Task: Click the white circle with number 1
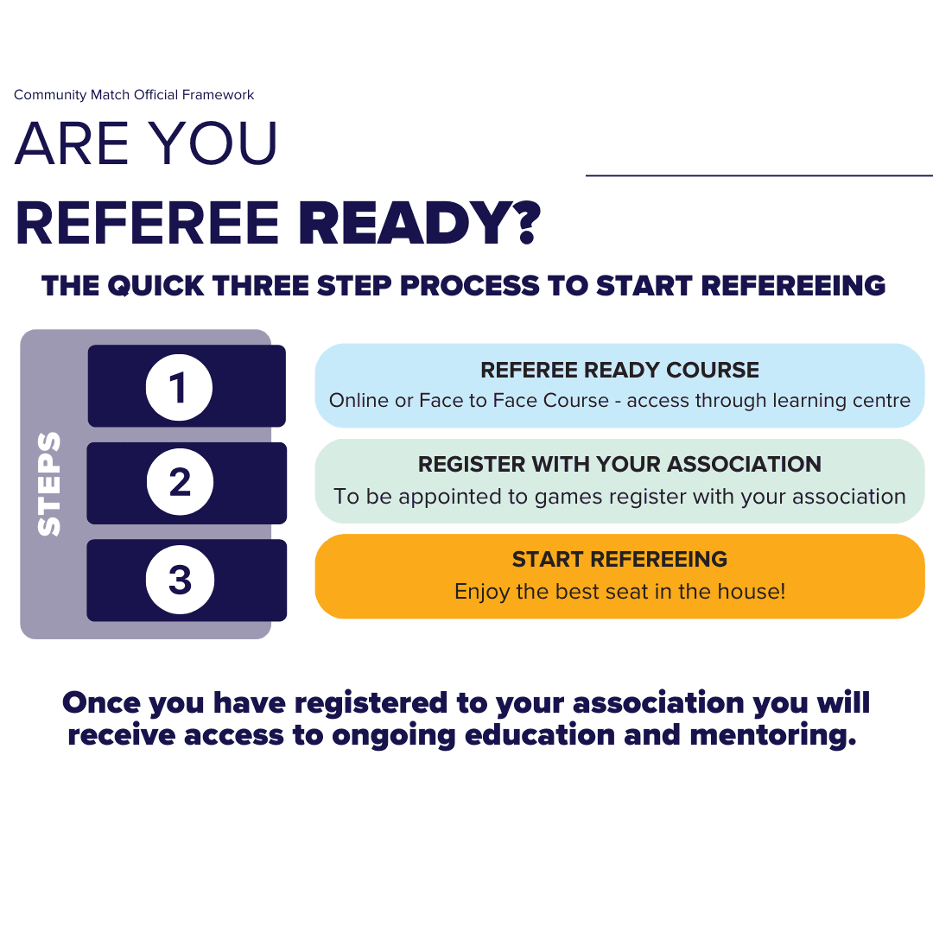pos(179,387)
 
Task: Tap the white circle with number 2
pos(180,482)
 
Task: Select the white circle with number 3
pos(180,580)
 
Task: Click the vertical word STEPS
pos(50,484)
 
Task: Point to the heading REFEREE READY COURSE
pos(619,370)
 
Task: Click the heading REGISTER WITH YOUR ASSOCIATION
pos(619,464)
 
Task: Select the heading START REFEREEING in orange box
pos(619,559)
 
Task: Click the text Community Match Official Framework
pos(134,95)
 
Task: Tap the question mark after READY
pos(521,223)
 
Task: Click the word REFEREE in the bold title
pos(148,223)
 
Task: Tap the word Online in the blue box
pos(357,401)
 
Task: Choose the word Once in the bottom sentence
pos(100,702)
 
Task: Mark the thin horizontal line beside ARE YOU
pos(758,175)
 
